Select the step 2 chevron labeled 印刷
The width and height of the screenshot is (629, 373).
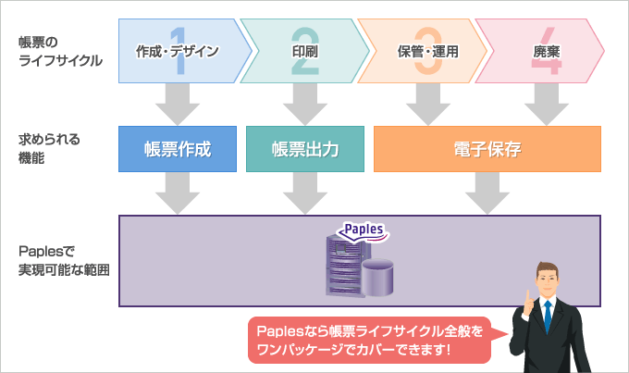305,51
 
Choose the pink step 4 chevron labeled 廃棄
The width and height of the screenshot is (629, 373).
539,51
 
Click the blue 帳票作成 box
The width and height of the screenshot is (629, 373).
178,149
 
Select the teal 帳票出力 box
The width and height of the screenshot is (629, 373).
305,149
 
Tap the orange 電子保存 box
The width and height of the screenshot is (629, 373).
487,149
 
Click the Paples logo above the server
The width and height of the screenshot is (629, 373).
363,231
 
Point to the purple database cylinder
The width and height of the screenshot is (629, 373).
377,278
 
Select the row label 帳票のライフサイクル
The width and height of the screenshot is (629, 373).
60,51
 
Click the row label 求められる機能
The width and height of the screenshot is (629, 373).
49,149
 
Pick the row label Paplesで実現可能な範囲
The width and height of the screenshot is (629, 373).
64,261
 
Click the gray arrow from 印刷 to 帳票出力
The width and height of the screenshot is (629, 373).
305,105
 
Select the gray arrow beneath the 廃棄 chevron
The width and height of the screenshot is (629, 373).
547,105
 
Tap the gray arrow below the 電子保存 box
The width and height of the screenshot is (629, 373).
487,193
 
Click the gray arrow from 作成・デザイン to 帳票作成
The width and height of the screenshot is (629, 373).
178,105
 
